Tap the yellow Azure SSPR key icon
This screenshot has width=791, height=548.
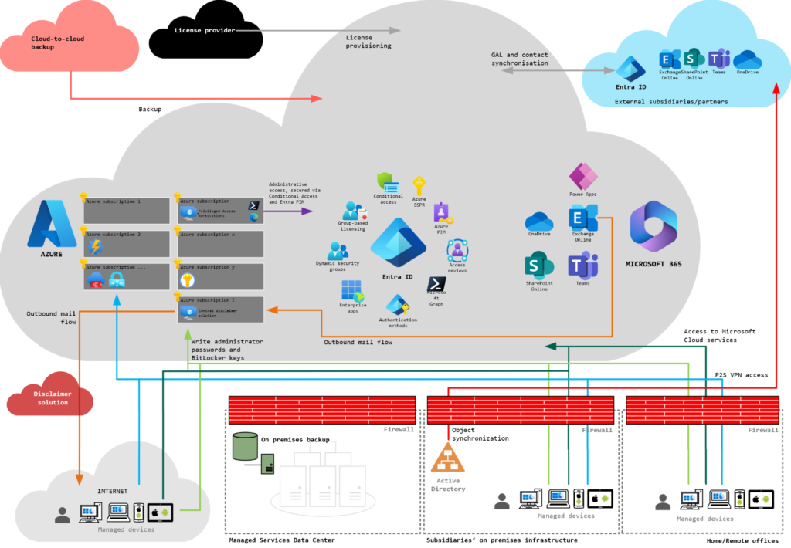pos(419,185)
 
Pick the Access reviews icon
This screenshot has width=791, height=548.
pos(457,251)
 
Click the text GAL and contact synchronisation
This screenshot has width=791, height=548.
pos(520,59)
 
